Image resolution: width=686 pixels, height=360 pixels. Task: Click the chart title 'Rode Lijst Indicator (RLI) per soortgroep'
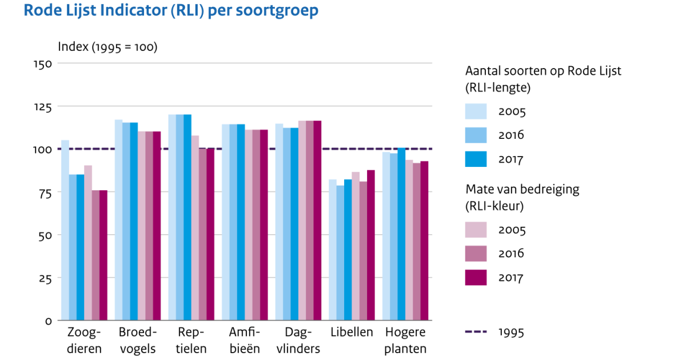coord(171,10)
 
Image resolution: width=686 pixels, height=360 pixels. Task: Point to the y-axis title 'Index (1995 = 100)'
coord(107,47)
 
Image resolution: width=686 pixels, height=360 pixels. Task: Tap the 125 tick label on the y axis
coord(42,107)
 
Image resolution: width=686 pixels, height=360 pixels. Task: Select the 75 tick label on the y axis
coord(45,193)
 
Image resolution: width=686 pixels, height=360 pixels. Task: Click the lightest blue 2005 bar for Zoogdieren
coord(65,230)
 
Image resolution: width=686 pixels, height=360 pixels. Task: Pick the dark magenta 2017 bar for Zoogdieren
coord(103,255)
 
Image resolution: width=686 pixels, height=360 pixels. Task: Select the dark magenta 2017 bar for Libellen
coord(371,245)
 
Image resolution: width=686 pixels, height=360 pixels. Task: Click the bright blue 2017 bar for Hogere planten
coord(401,234)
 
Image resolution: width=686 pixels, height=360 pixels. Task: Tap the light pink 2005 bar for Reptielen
coord(195,228)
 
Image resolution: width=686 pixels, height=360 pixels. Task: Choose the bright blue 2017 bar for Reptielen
coord(188,217)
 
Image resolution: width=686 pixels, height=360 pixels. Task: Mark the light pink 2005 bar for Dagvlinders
coord(302,221)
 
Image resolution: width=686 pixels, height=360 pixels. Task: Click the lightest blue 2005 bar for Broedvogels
coord(118,220)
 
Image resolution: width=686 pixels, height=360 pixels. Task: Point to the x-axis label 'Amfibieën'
coord(245,341)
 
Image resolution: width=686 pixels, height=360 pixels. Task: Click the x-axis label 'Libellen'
coord(352,332)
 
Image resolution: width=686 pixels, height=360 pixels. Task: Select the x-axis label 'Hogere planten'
coord(405,341)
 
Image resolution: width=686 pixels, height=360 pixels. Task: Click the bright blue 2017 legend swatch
coord(476,159)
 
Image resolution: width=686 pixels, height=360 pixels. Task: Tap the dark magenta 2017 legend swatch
coord(476,277)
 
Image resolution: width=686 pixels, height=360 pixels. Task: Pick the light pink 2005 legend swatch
coord(476,230)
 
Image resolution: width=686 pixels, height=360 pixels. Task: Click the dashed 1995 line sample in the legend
coord(476,331)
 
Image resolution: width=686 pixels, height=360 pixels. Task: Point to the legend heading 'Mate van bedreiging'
coord(522,189)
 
